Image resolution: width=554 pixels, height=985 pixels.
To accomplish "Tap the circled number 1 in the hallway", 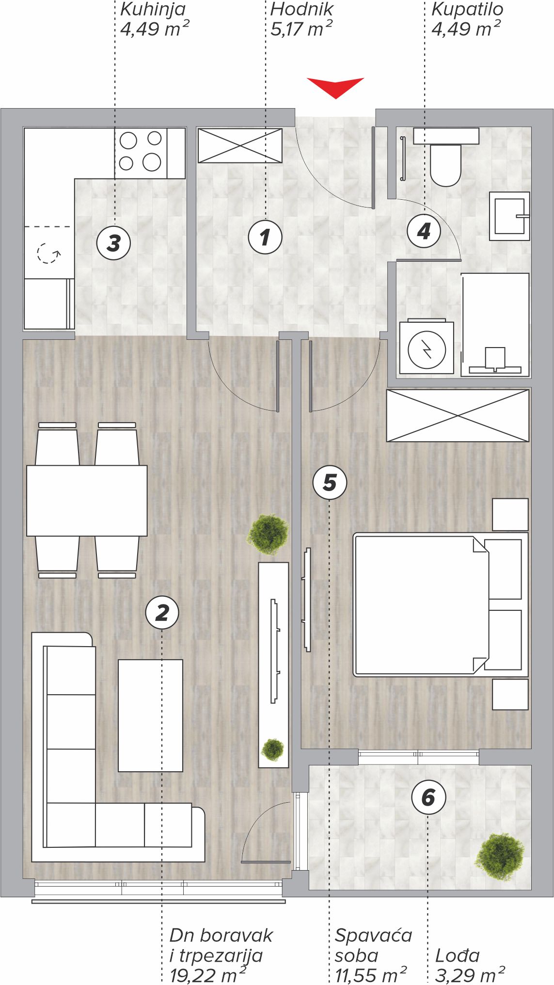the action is (265, 237).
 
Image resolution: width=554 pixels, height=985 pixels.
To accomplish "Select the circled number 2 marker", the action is (162, 612).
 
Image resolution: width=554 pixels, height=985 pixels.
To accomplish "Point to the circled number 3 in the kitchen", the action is (114, 242).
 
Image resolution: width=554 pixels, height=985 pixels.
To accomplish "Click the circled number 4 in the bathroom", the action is (424, 231).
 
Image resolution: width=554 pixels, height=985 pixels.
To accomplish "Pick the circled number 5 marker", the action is (330, 482).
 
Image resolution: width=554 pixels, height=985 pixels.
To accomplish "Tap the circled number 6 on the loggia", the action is (428, 797).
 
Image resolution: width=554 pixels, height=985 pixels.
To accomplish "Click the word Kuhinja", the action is (153, 10).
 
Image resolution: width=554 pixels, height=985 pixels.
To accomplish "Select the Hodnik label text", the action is (302, 9).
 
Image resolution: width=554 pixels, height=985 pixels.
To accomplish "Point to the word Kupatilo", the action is (467, 10).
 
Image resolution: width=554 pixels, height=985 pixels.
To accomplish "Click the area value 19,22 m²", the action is (208, 975).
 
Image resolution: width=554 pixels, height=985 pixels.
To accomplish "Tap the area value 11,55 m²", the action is (370, 975).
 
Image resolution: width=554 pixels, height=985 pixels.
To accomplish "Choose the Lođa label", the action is (458, 955).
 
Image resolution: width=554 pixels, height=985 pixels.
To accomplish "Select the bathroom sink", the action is (509, 216).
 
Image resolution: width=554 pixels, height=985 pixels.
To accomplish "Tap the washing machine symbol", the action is (427, 348).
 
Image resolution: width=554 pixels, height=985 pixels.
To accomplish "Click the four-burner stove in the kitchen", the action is (141, 153).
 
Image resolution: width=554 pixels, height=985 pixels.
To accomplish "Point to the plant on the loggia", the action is (500, 856).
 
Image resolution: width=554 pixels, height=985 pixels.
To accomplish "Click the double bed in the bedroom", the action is (441, 605).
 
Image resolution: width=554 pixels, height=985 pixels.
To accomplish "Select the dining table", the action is (87, 500).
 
